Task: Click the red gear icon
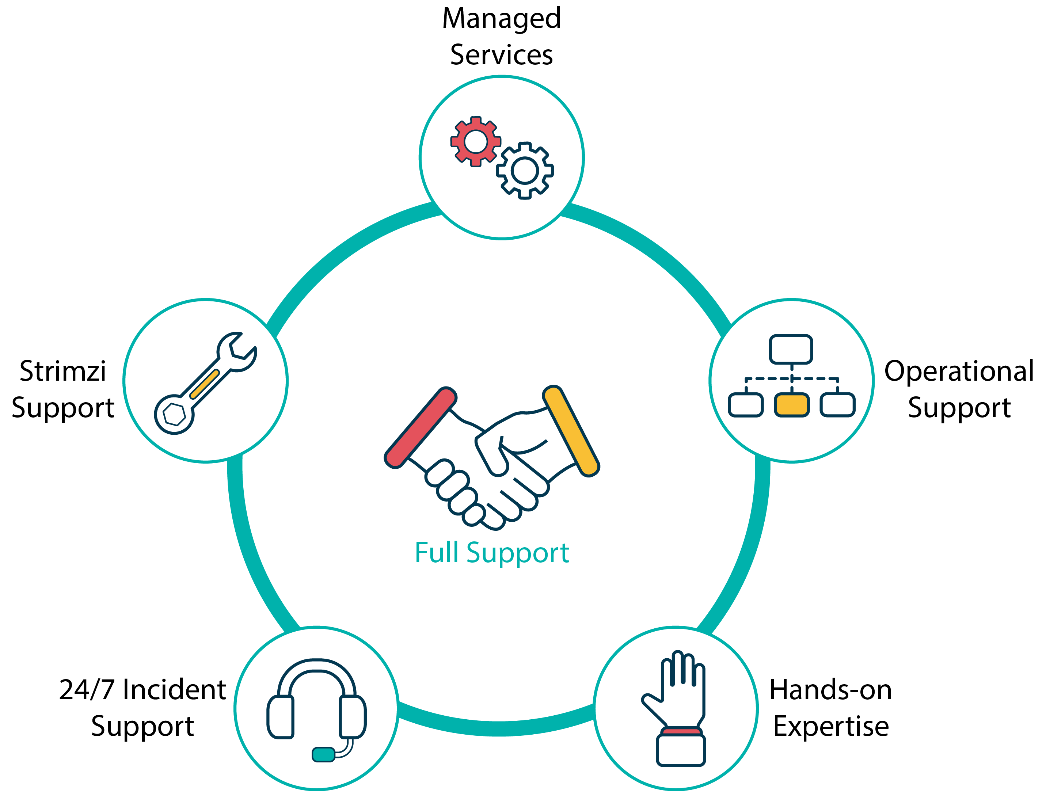(475, 141)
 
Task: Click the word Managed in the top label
(501, 19)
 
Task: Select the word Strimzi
(63, 371)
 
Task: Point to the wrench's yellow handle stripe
(204, 384)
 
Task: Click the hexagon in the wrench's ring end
(174, 415)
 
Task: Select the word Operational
(959, 371)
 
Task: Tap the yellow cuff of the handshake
(571, 430)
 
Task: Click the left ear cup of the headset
(281, 716)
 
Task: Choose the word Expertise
(831, 727)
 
